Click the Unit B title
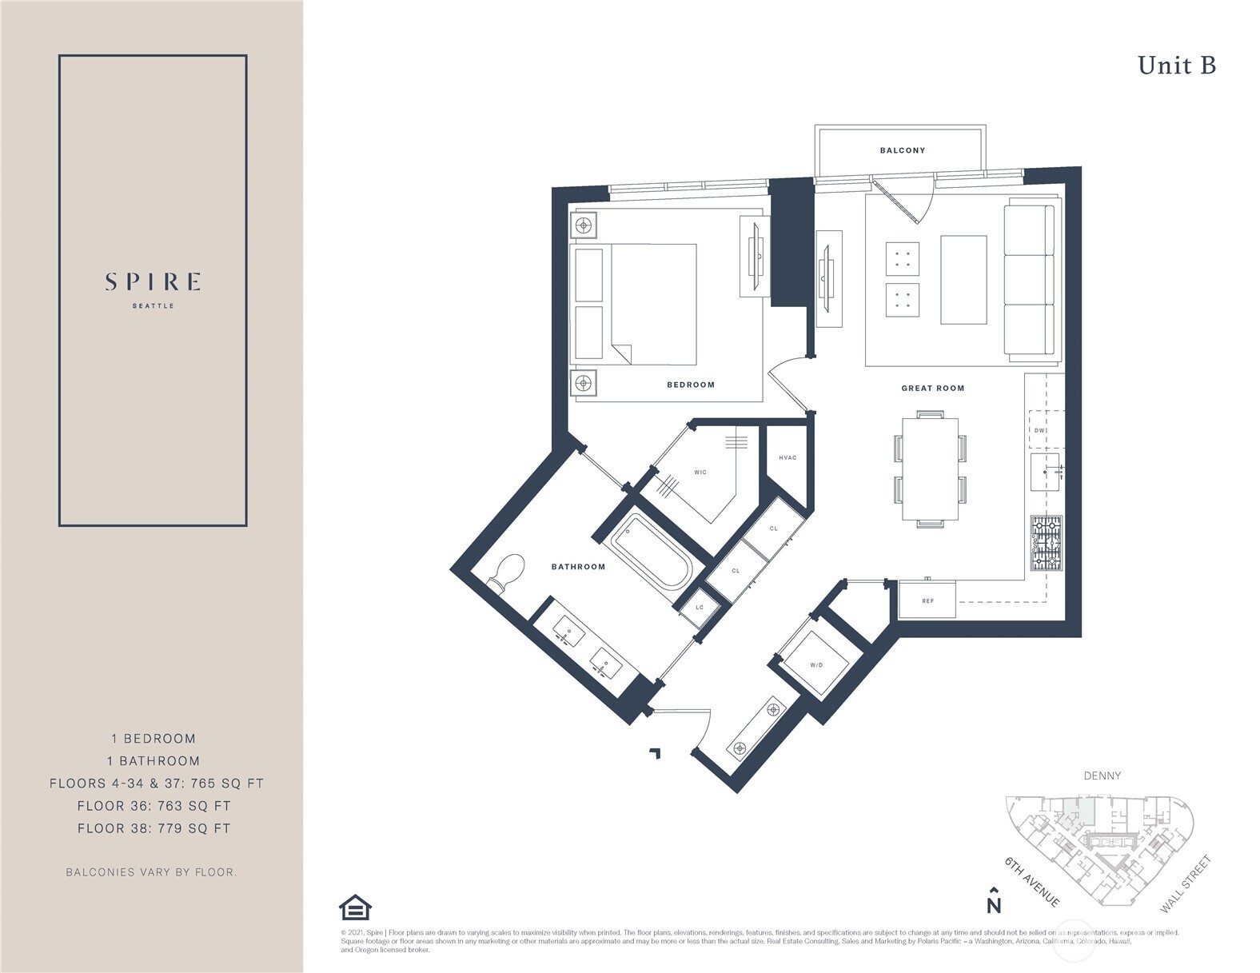coord(1176,66)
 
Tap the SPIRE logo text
coord(153,282)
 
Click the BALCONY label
coord(902,150)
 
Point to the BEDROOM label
coord(691,385)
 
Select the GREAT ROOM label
coord(932,388)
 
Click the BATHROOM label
coord(578,567)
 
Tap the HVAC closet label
coord(787,458)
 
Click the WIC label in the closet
coord(700,473)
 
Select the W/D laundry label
coord(816,665)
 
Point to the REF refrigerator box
coord(927,600)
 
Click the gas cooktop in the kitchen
coord(1046,543)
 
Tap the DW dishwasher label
coord(1039,430)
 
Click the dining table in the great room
coord(930,469)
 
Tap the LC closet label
coord(700,608)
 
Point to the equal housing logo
coord(355,907)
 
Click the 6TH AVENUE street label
coord(1032,882)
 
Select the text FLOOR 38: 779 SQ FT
coord(154,828)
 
